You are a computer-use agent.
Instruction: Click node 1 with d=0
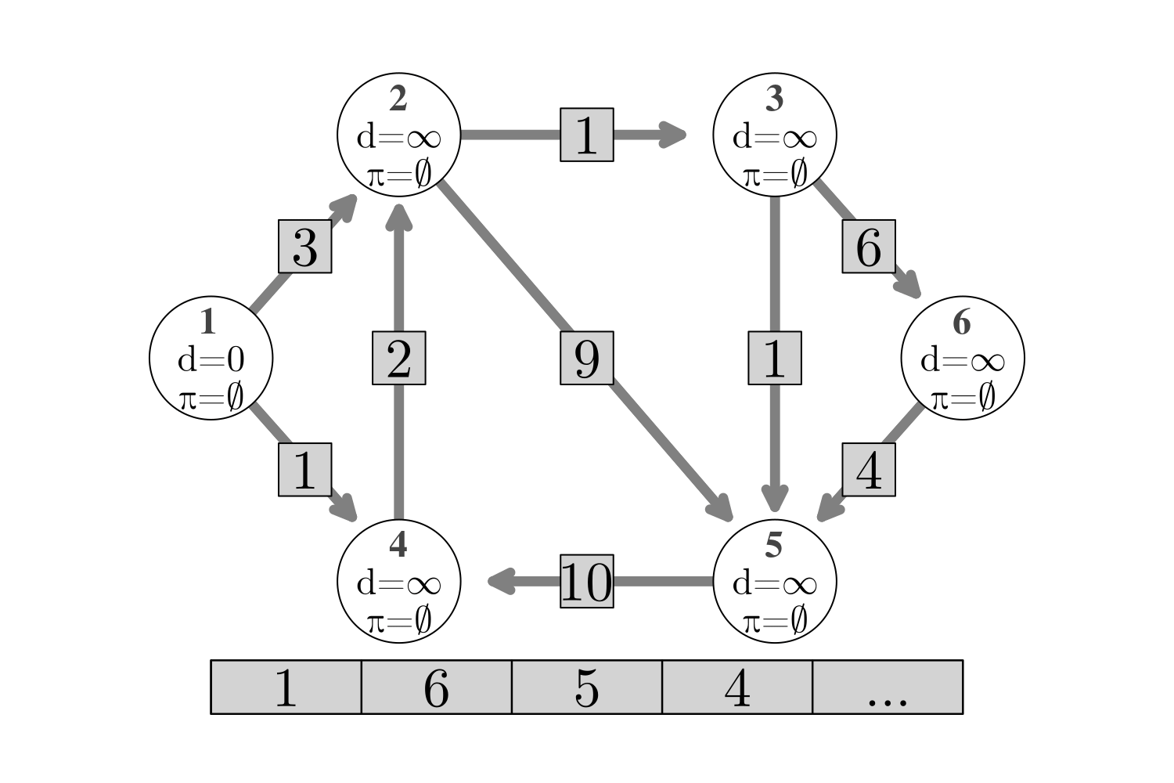(x=211, y=358)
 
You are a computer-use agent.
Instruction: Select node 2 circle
(x=399, y=135)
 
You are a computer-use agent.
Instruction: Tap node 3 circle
(x=775, y=135)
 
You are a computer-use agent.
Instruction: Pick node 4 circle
(x=399, y=581)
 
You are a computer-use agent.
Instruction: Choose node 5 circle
(x=775, y=581)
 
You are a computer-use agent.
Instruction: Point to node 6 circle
(x=963, y=358)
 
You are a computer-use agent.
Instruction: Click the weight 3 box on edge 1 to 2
(x=305, y=247)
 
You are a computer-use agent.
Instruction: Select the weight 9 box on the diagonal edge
(x=587, y=358)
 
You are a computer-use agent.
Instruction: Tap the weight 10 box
(x=587, y=581)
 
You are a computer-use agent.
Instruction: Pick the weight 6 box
(x=869, y=247)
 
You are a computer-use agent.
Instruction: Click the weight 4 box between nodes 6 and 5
(x=869, y=470)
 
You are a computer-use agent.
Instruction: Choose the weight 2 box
(x=399, y=358)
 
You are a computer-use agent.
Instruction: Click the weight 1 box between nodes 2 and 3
(x=587, y=135)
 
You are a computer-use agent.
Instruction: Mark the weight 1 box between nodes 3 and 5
(x=775, y=358)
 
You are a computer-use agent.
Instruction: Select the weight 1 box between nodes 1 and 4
(x=305, y=470)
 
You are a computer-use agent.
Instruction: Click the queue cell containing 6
(x=437, y=687)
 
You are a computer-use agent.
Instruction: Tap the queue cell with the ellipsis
(x=888, y=687)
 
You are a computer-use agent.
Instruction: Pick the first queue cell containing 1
(x=286, y=687)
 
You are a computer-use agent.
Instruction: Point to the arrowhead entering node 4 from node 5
(x=501, y=581)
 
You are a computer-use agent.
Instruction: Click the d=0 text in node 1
(x=211, y=360)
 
